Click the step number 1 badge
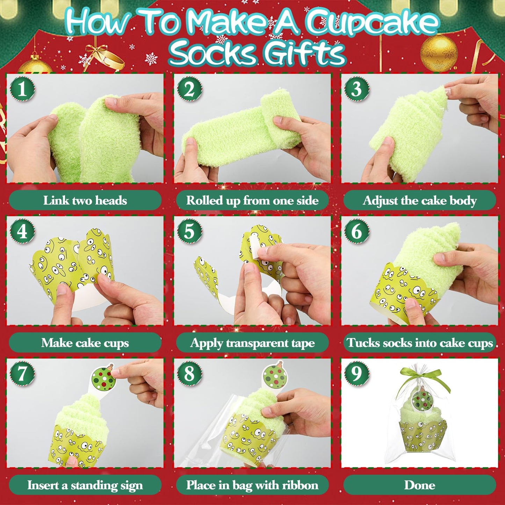click(22, 89)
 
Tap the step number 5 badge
click(189, 231)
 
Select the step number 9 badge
click(356, 373)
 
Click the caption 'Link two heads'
click(85, 201)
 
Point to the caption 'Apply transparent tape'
click(252, 343)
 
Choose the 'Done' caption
click(419, 485)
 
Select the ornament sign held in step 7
click(103, 377)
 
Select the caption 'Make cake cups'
click(85, 343)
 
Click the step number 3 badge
click(356, 89)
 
